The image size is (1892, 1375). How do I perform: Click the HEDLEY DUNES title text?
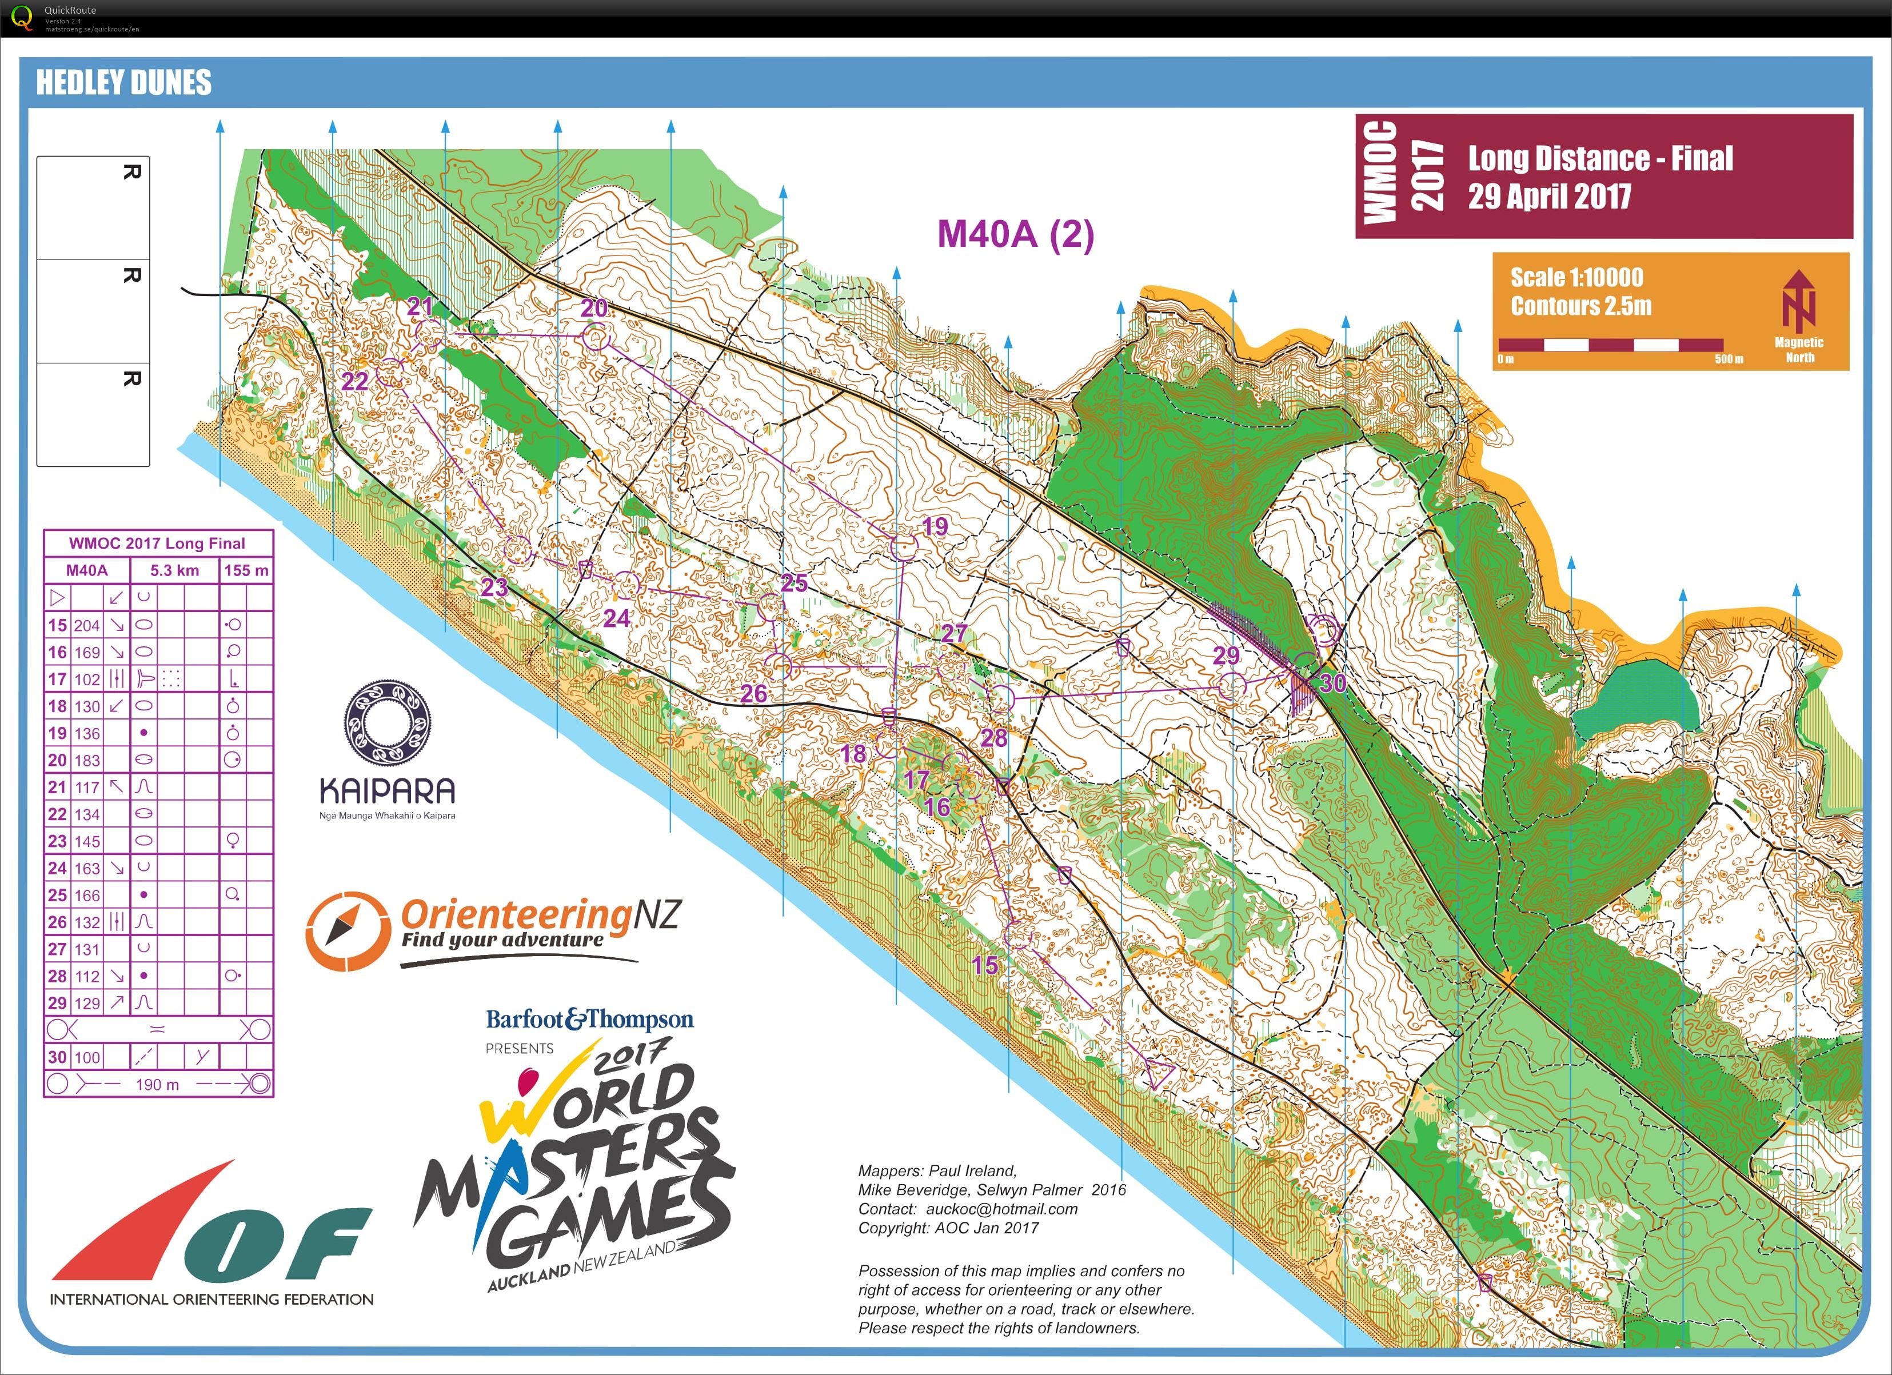pyautogui.click(x=123, y=82)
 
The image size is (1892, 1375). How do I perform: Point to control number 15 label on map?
pyautogui.click(x=984, y=966)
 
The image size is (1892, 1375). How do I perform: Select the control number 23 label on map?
pyautogui.click(x=494, y=587)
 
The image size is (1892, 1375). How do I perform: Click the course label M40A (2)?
pyautogui.click(x=1015, y=234)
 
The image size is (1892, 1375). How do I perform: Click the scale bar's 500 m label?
pyautogui.click(x=1729, y=359)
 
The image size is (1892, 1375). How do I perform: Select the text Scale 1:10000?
pyautogui.click(x=1576, y=278)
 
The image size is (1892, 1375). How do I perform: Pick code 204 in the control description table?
pyautogui.click(x=87, y=625)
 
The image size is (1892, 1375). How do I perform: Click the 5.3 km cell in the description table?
pyautogui.click(x=174, y=570)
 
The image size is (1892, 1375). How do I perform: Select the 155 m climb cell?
pyautogui.click(x=246, y=570)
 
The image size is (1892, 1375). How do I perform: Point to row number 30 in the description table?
pyautogui.click(x=57, y=1057)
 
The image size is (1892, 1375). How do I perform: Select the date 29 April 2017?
pyautogui.click(x=1549, y=197)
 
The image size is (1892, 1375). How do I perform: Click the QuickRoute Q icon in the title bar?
pyautogui.click(x=22, y=17)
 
